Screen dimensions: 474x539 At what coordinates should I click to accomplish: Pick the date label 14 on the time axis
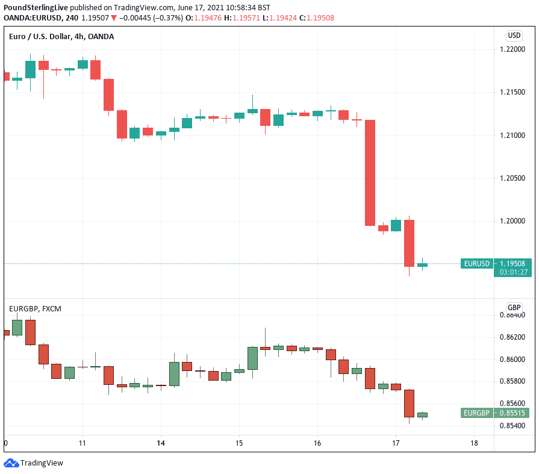(161, 443)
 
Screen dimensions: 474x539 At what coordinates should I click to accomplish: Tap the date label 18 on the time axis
(474, 443)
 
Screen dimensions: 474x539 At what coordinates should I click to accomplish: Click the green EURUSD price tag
(477, 263)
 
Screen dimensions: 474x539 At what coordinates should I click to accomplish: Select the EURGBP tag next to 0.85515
(477, 413)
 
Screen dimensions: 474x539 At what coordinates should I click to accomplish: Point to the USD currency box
(514, 36)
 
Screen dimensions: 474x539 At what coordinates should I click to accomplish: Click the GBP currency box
(514, 307)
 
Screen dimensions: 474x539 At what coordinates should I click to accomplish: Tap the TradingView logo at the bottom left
(34, 463)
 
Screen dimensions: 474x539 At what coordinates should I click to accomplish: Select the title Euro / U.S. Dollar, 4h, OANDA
(61, 37)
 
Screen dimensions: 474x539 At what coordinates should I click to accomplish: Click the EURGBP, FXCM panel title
(35, 309)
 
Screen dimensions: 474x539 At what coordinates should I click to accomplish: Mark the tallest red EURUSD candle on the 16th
(370, 173)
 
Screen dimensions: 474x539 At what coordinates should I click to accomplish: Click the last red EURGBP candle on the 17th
(409, 403)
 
